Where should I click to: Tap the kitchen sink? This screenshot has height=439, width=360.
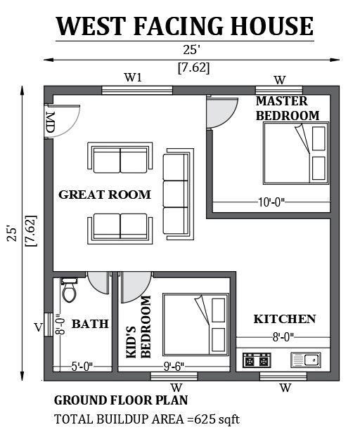(306, 360)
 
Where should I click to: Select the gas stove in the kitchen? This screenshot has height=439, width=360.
(257, 360)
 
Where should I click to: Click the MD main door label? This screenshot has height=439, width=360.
(50, 122)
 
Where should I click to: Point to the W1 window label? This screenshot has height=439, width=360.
(134, 77)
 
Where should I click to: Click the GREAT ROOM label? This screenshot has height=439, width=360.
(105, 195)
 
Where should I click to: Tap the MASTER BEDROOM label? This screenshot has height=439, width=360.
(288, 108)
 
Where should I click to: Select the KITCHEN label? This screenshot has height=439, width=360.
(285, 319)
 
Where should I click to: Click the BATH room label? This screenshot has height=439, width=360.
(90, 324)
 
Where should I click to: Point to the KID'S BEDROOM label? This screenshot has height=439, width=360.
(139, 327)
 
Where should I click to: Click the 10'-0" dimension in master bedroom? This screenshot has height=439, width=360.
(271, 202)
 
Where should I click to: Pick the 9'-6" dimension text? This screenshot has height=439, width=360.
(174, 367)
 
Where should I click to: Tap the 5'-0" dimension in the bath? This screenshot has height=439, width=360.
(82, 367)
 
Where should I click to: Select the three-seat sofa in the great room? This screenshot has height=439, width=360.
(179, 195)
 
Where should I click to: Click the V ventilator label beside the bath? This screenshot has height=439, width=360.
(39, 327)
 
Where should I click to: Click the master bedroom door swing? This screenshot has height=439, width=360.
(222, 112)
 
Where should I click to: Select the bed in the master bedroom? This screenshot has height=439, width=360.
(296, 153)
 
